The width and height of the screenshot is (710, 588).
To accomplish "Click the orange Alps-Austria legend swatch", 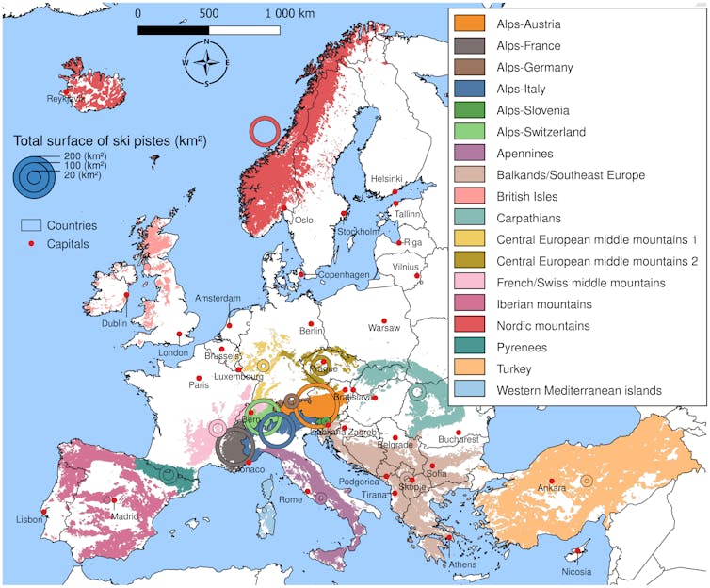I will click(x=469, y=24).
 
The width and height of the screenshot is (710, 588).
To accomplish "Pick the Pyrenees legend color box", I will click(x=469, y=347).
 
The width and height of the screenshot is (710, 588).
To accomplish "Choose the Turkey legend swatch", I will click(x=469, y=368).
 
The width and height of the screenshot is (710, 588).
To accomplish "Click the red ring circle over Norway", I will click(x=265, y=132).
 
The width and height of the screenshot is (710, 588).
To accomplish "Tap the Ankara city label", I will click(x=551, y=487).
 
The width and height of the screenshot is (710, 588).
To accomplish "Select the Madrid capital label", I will click(x=123, y=515).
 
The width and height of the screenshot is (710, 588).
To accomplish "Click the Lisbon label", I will click(x=28, y=520).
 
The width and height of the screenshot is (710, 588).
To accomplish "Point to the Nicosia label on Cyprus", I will click(x=575, y=571).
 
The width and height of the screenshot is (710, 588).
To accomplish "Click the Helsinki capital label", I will click(x=387, y=179).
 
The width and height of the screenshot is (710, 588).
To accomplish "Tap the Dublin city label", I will click(x=114, y=323).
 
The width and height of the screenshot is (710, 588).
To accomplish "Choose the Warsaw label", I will click(x=383, y=328).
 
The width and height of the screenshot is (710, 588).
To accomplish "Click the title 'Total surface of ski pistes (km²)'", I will click(x=109, y=141).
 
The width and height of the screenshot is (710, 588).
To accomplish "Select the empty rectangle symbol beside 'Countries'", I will click(x=32, y=226).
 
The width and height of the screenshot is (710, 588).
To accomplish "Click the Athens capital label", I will click(x=462, y=564).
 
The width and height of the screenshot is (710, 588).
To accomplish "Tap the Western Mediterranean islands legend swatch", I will click(x=469, y=390).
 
